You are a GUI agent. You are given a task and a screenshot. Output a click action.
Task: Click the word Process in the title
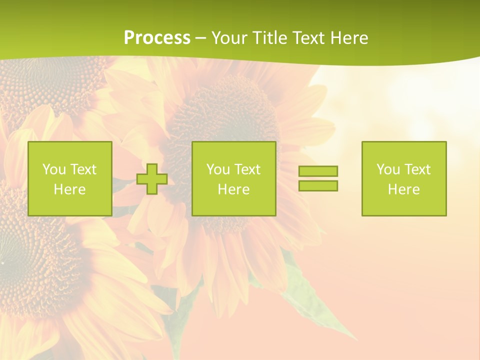[157, 38]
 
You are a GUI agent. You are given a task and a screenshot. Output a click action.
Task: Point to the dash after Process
[200, 38]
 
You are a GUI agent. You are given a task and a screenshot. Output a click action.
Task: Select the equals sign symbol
[318, 178]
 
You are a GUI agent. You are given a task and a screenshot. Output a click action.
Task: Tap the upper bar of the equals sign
[318, 171]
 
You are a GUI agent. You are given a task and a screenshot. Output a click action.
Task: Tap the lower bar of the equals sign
[318, 185]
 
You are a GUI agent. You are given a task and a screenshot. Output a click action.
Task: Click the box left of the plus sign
[70, 178]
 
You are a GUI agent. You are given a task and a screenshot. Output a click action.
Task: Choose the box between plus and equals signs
[234, 178]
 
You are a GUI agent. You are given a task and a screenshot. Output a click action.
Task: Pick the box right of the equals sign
[404, 178]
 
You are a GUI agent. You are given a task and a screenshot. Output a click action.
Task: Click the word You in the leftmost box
[53, 169]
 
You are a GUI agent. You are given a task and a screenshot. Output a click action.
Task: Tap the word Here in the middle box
[234, 189]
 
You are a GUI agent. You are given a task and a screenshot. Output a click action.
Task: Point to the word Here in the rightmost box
[404, 189]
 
